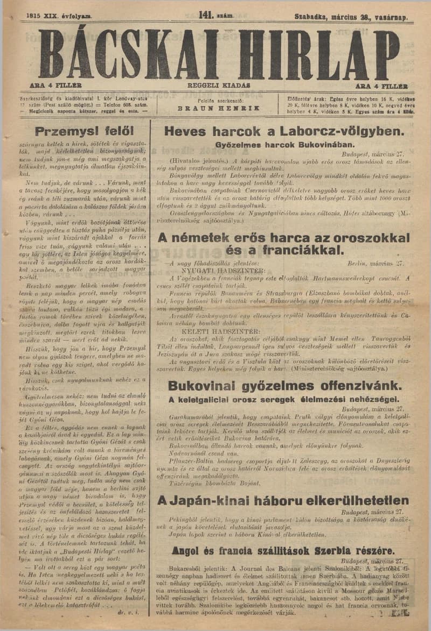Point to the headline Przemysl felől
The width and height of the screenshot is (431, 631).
[x=84, y=131]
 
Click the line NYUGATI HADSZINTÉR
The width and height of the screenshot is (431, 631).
[x=232, y=271]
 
